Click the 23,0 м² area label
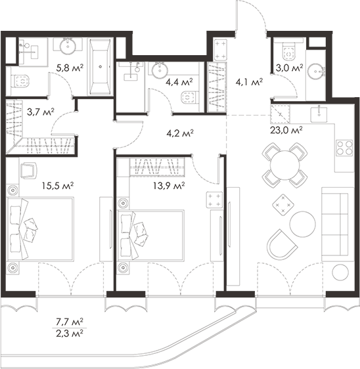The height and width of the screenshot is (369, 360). [286, 130]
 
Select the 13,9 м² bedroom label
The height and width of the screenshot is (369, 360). [169, 186]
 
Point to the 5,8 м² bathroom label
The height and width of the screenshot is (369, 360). [70, 68]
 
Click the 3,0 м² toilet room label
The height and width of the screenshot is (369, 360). [289, 68]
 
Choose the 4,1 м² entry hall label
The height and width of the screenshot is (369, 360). [249, 82]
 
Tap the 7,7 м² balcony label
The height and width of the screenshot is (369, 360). [70, 322]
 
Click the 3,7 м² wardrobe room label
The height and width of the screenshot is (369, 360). [41, 112]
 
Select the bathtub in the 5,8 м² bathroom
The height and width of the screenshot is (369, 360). [101, 67]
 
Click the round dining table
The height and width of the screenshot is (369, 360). [284, 165]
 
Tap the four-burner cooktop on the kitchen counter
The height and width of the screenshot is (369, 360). [344, 148]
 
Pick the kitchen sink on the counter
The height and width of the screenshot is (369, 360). [319, 114]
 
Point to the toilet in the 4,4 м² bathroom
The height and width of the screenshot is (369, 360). [189, 97]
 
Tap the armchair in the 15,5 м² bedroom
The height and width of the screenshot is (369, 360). [28, 170]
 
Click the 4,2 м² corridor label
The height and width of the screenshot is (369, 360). [180, 133]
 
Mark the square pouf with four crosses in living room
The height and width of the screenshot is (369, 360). [284, 204]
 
